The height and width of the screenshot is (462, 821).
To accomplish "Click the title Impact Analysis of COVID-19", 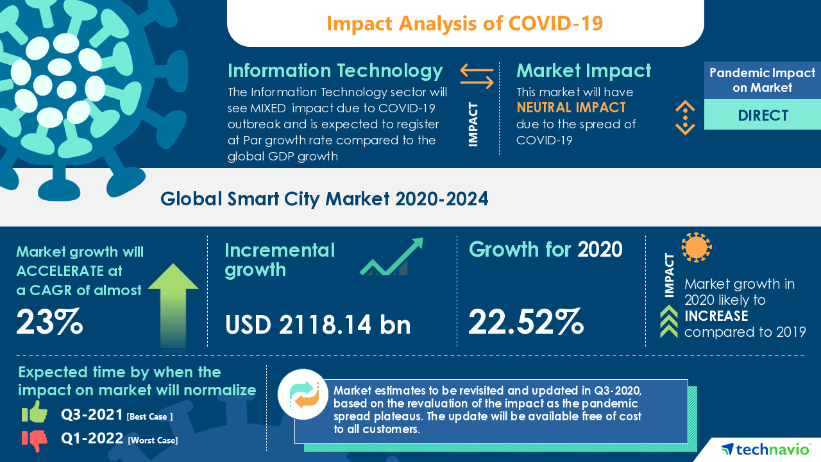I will [x=465, y=23].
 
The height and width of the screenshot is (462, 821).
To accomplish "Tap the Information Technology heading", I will [x=335, y=70].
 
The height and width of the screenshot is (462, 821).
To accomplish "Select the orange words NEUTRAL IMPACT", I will [x=571, y=108].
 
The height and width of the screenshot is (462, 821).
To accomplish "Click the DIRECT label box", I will [x=763, y=116].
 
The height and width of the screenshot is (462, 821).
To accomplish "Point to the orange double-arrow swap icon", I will [x=477, y=76].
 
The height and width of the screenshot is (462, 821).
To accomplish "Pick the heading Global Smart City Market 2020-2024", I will [x=324, y=199].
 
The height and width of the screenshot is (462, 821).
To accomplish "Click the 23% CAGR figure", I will [x=49, y=322].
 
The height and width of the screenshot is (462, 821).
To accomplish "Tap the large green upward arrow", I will [x=173, y=304].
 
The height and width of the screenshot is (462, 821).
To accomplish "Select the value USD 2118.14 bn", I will [x=317, y=325].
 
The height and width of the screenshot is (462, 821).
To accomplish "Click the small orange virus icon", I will [x=697, y=247].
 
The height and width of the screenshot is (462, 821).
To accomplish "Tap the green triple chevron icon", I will [x=669, y=321].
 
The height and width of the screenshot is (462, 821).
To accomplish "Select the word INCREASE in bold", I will [x=716, y=316].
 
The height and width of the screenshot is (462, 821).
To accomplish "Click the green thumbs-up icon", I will [x=35, y=413].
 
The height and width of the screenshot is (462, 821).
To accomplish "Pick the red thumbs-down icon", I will [x=35, y=440].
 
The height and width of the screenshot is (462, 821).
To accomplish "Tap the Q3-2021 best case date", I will [x=92, y=415].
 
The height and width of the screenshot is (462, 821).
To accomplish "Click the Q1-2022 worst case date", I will [x=92, y=440].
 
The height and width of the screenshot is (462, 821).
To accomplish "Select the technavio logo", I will [x=765, y=449].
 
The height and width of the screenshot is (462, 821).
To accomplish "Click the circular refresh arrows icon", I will [x=303, y=395].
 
